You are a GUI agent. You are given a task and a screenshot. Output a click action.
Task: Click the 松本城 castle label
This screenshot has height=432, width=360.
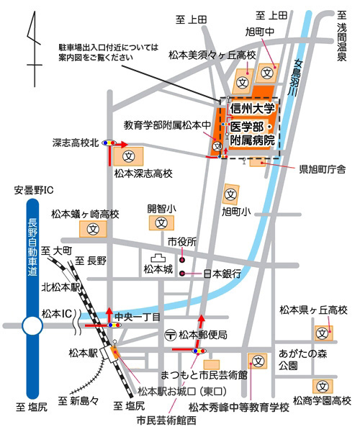click(x=158, y=269)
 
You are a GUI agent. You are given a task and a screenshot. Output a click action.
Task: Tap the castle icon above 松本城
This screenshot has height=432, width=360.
click(x=158, y=258)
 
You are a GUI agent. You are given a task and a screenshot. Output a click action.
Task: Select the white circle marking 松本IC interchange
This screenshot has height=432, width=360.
click(x=32, y=325)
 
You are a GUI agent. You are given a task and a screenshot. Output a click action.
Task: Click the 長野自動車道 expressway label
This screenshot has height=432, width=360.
click(x=32, y=247)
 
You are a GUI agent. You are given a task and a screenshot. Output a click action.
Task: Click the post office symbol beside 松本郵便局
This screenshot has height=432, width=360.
click(x=170, y=335)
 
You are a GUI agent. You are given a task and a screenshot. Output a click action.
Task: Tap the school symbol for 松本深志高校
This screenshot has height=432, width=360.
click(x=129, y=156)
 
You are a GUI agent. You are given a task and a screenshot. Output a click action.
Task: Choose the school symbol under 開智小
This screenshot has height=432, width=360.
click(x=161, y=222)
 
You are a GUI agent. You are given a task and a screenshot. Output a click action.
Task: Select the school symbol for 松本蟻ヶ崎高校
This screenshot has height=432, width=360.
click(x=93, y=229)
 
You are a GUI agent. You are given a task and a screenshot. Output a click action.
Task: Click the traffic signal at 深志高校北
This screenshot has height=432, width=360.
click(x=109, y=143)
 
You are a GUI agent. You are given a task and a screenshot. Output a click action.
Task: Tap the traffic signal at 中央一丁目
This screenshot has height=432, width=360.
click(x=114, y=325)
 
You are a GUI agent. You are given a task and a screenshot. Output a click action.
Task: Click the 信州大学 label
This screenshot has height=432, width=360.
click(x=252, y=108)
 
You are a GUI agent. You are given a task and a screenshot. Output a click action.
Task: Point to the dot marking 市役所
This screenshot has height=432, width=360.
click(x=182, y=260)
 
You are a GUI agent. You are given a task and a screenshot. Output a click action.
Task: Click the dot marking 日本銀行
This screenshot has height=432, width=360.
click(x=182, y=274)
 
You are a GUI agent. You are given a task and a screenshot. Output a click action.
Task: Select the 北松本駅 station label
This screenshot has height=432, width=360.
click(x=60, y=287)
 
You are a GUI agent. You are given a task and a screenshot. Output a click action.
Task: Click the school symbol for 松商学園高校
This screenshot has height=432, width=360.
click(x=323, y=387)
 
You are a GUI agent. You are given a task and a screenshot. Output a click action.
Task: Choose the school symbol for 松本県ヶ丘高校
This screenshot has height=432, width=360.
click(x=323, y=333)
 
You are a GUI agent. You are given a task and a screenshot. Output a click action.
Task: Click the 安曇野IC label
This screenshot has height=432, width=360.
click(x=34, y=190)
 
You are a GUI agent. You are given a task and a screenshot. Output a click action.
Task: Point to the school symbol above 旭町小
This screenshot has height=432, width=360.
click(x=231, y=195)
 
